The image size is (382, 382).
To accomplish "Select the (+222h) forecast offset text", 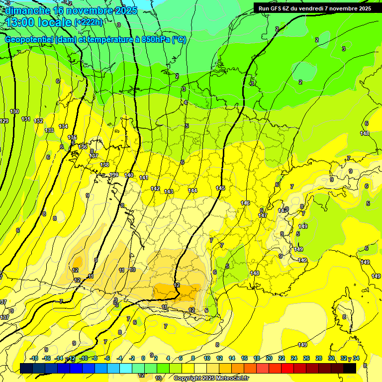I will point(88,22).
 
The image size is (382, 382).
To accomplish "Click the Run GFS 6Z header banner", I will point(314,8).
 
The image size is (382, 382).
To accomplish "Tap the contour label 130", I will point(14,112).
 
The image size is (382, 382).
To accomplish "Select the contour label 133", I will point(49,130).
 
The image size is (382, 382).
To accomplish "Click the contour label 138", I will point(104,165).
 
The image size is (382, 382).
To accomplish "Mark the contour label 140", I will point(129,175).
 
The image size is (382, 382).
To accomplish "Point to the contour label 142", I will point(155,189).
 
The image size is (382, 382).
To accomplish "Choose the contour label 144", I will point(192,191).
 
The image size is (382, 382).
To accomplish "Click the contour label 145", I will point(221,188).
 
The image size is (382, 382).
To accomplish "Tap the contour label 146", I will point(245,203).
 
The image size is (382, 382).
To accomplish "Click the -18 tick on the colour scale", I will point(34,358).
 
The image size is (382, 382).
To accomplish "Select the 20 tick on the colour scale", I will point(269,358).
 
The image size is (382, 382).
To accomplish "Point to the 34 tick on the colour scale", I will point(356,358).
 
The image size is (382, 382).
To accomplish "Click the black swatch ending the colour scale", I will point(350,368).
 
